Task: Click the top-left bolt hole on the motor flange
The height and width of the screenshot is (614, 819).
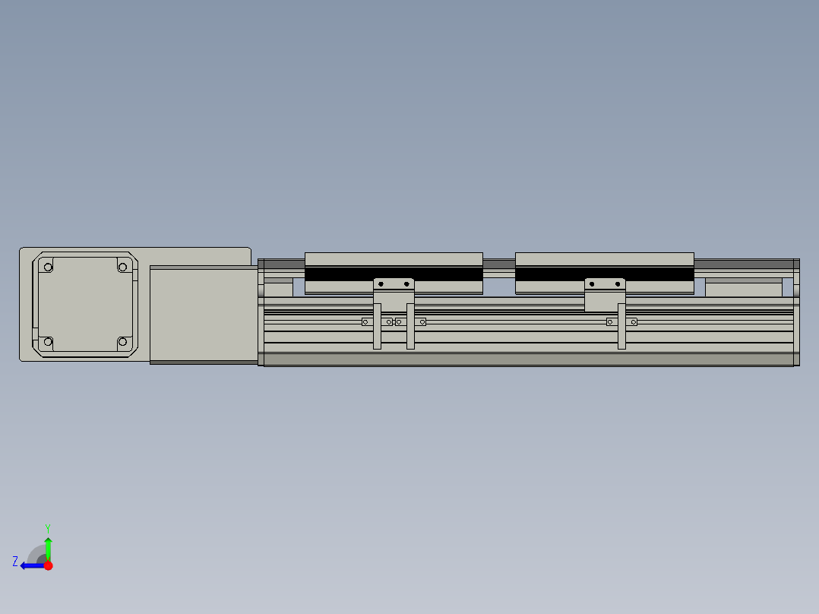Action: (48, 267)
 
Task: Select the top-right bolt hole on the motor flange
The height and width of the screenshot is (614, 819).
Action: (122, 267)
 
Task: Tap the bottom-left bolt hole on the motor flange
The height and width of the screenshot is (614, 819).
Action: (48, 343)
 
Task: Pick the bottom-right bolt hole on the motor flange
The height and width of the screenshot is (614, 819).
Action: (122, 343)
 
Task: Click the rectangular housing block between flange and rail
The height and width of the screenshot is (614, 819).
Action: (204, 314)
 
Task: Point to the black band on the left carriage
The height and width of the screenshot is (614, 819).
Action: (394, 274)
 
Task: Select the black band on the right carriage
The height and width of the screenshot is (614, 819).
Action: (604, 274)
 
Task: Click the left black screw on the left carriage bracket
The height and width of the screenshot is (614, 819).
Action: (381, 284)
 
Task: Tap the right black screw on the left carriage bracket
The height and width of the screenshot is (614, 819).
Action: (406, 284)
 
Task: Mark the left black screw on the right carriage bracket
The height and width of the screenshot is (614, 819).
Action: (593, 284)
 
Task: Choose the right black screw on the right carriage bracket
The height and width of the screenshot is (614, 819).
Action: (618, 284)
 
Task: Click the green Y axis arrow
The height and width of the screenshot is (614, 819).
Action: (48, 547)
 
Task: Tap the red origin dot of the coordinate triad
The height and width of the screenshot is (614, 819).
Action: (48, 565)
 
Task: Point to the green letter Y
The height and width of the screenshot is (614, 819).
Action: (47, 527)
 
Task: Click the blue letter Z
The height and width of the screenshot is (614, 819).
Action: (15, 562)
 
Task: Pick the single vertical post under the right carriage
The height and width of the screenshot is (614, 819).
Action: (621, 327)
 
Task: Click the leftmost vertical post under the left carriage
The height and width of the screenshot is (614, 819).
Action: (377, 327)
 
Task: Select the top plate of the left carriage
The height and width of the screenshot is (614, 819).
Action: (394, 259)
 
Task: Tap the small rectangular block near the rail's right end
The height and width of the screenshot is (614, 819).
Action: (743, 288)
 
